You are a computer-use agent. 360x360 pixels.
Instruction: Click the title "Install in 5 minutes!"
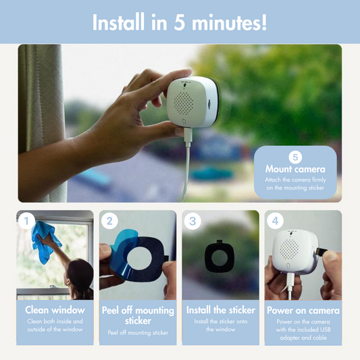[x=180, y=22]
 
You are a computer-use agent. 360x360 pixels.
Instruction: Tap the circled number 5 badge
[x=295, y=157]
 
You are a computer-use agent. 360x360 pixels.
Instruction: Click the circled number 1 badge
[x=26, y=221]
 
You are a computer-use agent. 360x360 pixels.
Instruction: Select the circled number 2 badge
[x=109, y=221]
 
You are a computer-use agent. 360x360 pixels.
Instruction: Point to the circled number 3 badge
[x=192, y=221]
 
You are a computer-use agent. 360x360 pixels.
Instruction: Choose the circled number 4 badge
[x=275, y=221]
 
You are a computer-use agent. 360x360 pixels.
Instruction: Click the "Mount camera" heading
[x=295, y=170]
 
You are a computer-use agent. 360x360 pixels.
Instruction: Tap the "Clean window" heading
[x=55, y=310]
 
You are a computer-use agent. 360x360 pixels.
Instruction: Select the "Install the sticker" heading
[x=221, y=310]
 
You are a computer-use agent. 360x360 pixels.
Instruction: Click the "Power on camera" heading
[x=303, y=311]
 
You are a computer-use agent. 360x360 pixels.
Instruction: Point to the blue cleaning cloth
[x=45, y=242]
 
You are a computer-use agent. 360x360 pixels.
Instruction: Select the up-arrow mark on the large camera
[x=184, y=85]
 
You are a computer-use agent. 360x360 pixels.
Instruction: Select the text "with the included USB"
[x=303, y=330]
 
